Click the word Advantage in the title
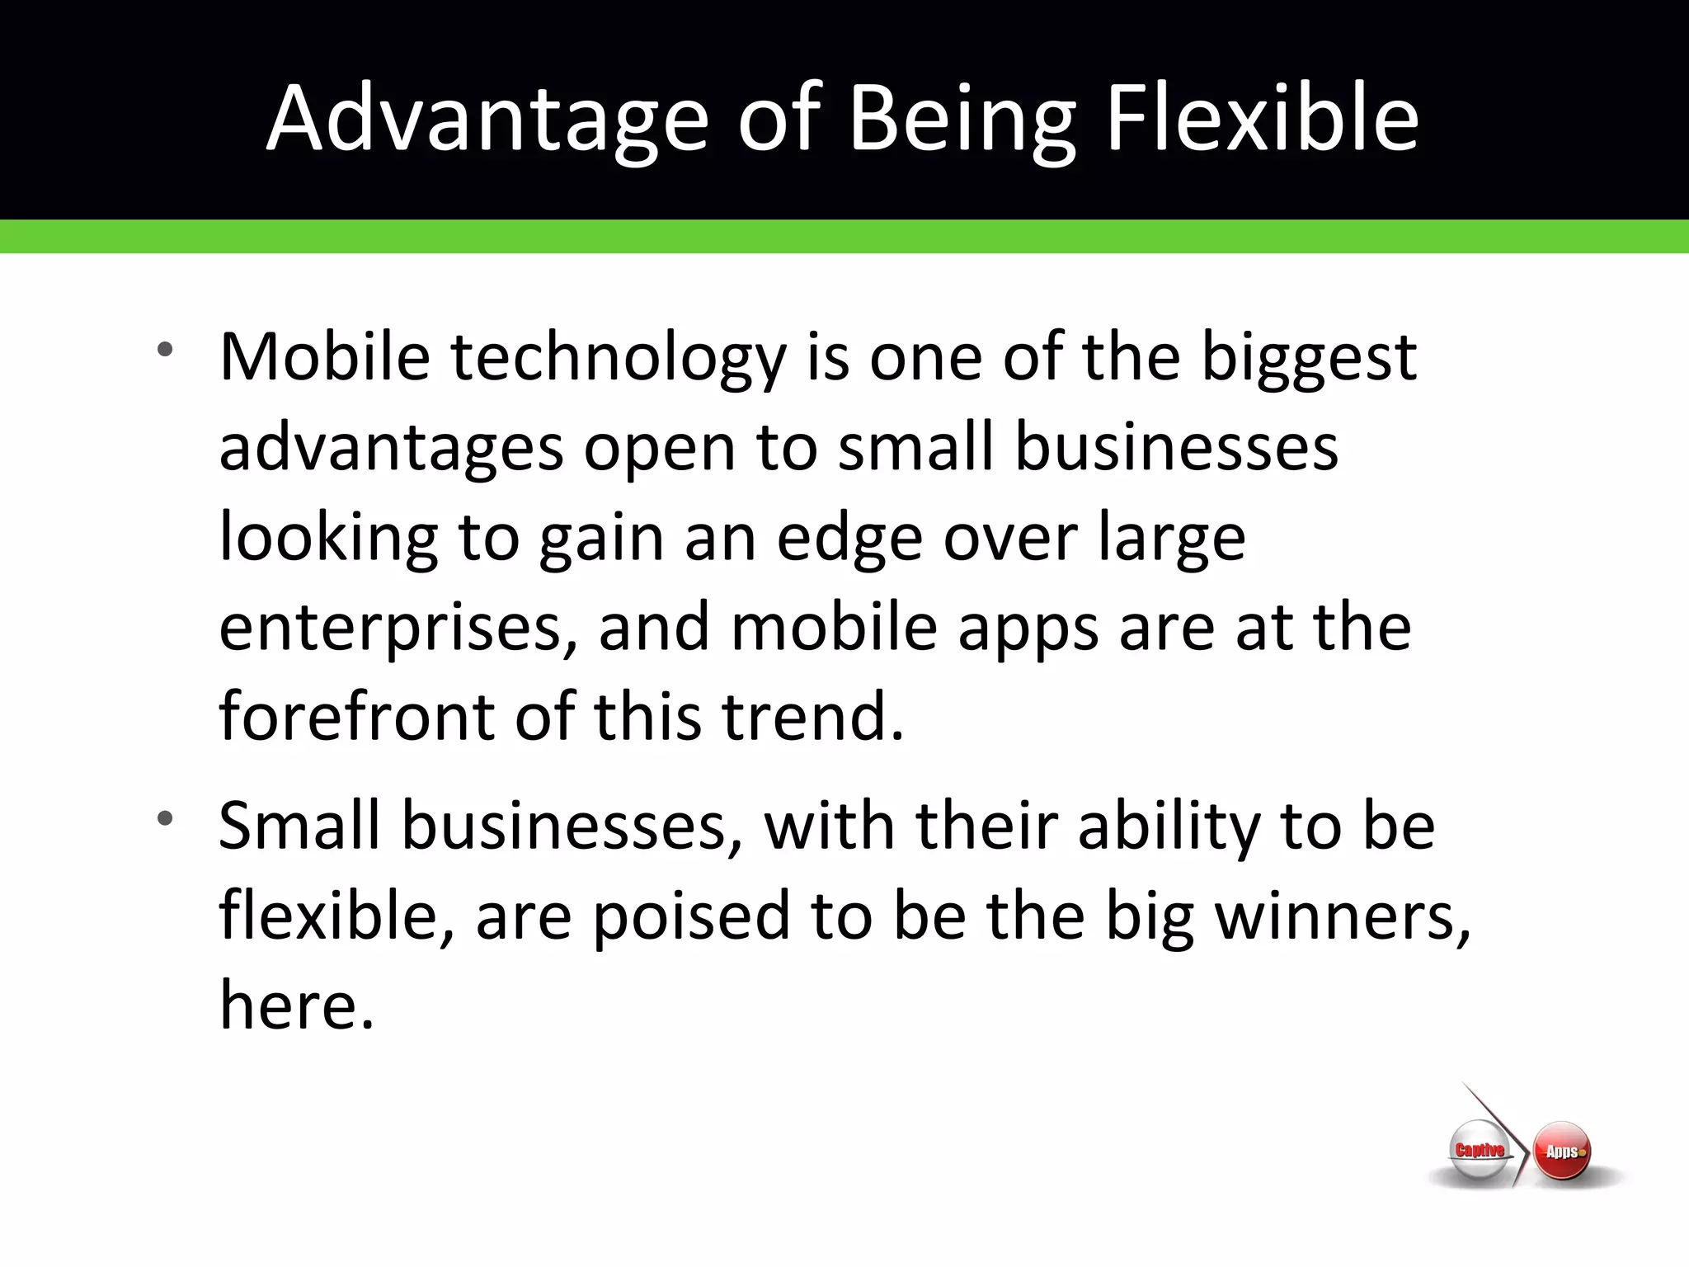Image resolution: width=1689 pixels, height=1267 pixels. [487, 120]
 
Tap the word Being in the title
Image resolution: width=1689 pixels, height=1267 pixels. [962, 120]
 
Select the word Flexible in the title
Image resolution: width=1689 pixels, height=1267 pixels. [1262, 120]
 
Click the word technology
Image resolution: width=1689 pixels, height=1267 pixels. [619, 360]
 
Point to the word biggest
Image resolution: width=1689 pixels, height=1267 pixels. [1309, 358]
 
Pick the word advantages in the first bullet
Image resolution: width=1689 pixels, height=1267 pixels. [391, 450]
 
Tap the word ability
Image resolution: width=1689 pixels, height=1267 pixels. [1169, 827]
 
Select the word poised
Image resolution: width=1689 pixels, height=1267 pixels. [692, 916]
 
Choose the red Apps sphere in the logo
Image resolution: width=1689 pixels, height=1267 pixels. [1562, 1152]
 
